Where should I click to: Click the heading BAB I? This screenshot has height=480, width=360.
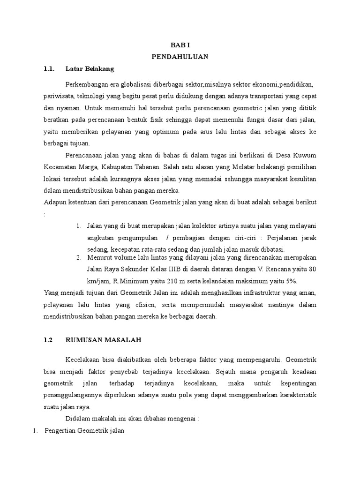click(180, 45)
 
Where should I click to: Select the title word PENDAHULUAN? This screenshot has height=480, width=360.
click(180, 57)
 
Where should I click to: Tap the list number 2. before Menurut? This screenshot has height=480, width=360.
click(78, 257)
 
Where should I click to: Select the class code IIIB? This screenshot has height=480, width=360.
click(160, 270)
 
